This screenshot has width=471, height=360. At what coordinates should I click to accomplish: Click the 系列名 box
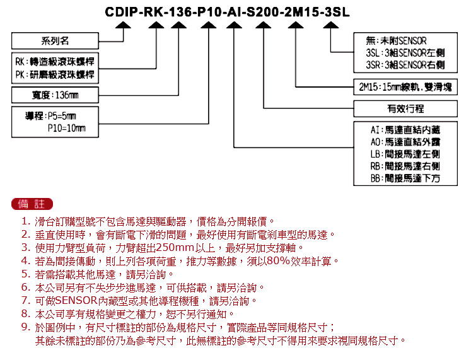coord(55,41)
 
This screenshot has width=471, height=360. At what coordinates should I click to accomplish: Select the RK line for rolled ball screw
coord(55,62)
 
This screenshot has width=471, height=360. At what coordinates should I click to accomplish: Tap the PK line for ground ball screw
coord(55,74)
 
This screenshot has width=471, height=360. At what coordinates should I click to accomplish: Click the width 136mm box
coord(55,95)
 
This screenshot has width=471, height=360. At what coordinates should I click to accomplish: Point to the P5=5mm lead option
coord(50,116)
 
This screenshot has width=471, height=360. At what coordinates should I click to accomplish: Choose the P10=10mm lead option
coord(66,128)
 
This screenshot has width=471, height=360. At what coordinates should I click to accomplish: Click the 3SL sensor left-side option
coord(405,53)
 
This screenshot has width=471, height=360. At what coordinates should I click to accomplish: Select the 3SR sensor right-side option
coord(405,65)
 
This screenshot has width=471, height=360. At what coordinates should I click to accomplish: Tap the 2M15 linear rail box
coord(405,87)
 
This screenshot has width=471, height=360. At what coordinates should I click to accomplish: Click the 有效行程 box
coord(405,108)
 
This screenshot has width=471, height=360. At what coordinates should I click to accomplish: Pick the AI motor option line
coord(405,130)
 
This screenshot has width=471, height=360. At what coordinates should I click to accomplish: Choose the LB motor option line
coord(405,154)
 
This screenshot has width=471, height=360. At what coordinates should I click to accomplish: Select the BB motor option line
coord(405,178)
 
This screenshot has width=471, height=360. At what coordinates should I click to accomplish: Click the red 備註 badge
coord(32,204)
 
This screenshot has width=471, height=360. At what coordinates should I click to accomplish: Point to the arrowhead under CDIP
coord(123,25)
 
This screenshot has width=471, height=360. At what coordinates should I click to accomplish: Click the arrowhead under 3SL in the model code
coord(331,25)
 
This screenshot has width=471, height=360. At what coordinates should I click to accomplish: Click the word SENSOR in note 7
coord(76,301)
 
